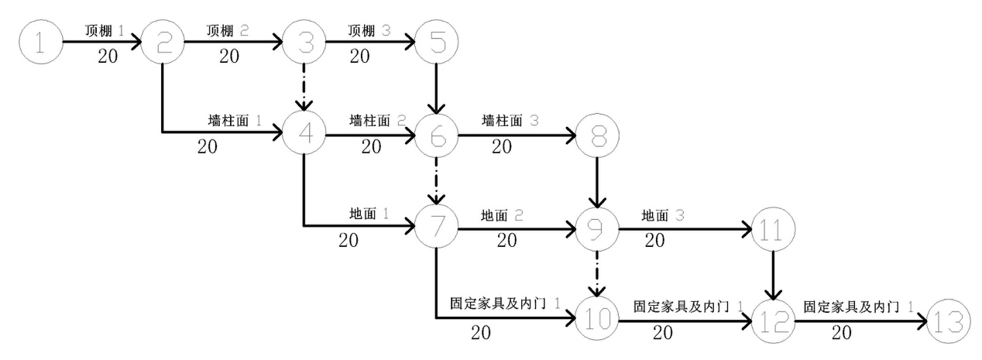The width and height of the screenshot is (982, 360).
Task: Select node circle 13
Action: pos(947,319)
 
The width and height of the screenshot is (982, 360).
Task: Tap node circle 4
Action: pos(304,134)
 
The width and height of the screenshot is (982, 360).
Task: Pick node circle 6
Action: pos(437,136)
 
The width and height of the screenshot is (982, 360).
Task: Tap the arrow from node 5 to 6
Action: pos(437,88)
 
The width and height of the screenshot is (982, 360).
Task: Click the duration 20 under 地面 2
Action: pos(506,241)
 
